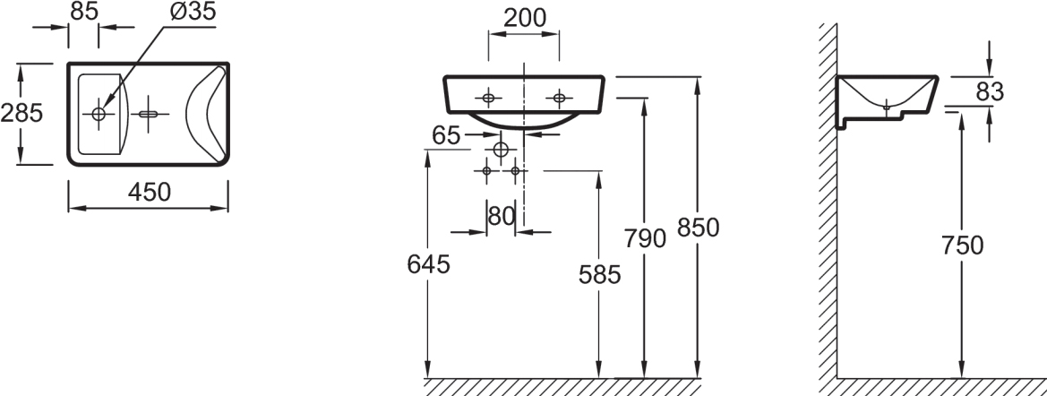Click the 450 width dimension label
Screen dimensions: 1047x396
149,193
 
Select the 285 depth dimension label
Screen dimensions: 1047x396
21,113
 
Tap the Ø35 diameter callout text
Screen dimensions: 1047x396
193,12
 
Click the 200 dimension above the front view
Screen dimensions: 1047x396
524,18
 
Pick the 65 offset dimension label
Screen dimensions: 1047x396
446,135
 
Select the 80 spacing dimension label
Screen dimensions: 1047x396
502,216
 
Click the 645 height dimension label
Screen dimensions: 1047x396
429,264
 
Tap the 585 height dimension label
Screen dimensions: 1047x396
599,274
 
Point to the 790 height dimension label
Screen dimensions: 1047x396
644,237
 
